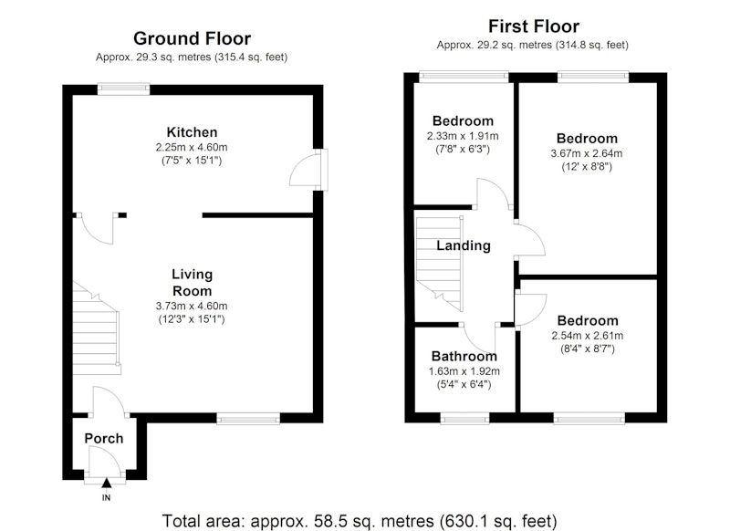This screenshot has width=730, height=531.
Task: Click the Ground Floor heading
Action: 192,38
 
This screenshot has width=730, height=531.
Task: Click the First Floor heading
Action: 534,26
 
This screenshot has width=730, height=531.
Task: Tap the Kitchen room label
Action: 192,132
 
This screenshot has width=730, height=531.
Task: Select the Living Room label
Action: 192,283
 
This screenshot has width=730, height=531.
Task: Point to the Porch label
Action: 104,438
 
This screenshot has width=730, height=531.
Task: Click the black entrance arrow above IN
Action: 107,483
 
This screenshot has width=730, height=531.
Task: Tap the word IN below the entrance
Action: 106,498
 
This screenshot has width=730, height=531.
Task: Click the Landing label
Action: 464,245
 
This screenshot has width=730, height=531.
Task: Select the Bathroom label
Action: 464,357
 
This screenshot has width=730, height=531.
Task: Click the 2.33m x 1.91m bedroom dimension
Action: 463,136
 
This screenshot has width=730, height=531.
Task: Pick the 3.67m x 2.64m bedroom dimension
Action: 587,153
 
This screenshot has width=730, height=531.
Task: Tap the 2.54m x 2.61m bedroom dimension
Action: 588,336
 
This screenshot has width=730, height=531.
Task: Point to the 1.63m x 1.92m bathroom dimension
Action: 464,371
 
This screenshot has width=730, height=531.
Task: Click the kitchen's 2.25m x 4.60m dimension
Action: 192,148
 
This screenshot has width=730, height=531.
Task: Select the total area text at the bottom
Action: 359,521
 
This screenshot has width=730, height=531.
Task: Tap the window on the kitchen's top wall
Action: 123,88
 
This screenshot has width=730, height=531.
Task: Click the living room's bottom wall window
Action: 248,419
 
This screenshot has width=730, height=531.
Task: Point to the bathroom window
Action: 464,419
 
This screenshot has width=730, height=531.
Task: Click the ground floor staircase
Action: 96,328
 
